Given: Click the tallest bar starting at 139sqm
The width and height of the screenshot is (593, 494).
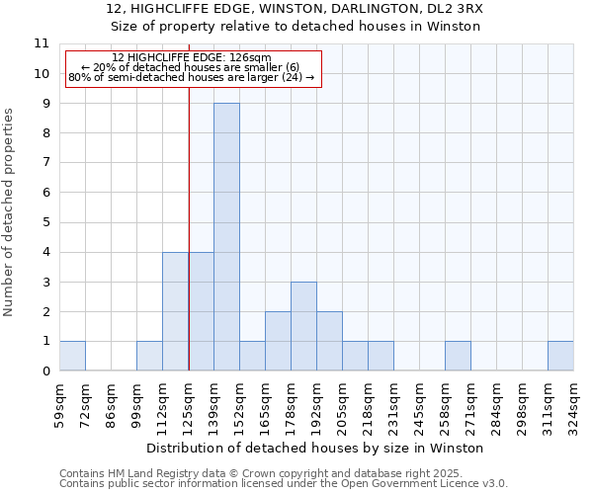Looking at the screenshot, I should (226, 237).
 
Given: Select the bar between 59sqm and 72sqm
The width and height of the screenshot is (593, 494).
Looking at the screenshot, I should (72, 356).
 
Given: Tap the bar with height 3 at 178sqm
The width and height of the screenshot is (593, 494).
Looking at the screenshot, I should (303, 326).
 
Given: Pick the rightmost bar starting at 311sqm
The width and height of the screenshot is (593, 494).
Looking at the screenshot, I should (560, 356).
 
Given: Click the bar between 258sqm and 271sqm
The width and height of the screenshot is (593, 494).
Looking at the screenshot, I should (458, 356).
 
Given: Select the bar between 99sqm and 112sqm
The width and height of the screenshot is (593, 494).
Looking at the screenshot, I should (149, 356).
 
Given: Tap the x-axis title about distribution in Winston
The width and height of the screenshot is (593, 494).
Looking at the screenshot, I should (316, 448).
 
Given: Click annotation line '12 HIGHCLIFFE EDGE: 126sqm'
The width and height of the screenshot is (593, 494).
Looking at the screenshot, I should (192, 58).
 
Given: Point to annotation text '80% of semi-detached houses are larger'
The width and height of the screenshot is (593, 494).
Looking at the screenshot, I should (192, 77).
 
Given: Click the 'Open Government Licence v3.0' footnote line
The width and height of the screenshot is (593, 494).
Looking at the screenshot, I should (284, 484).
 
